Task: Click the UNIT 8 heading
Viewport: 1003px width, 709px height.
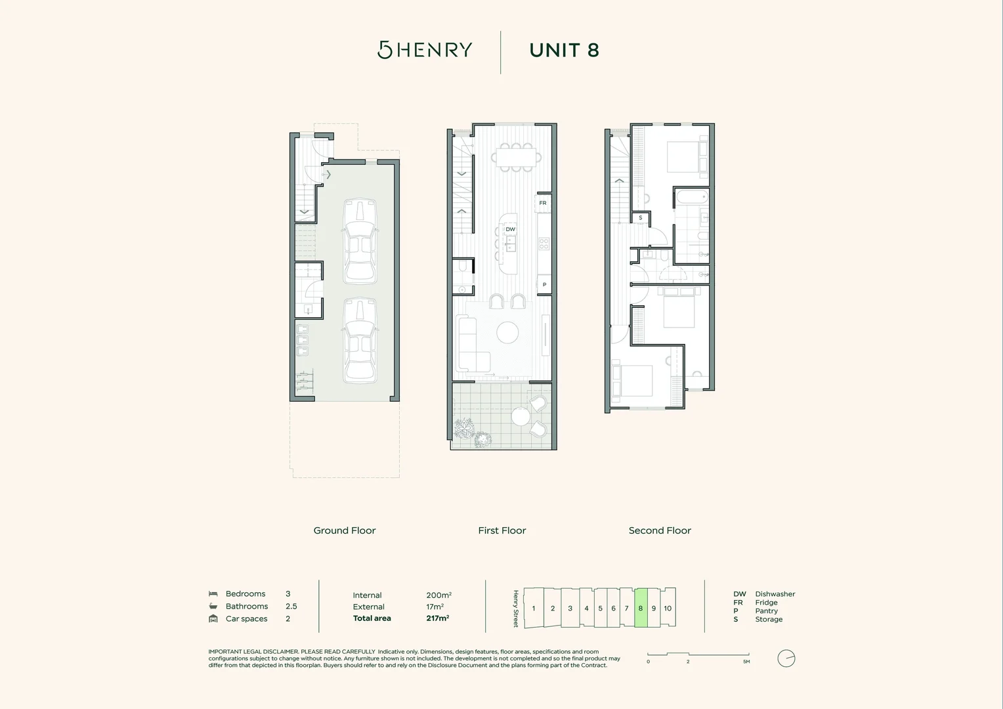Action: pos(564,51)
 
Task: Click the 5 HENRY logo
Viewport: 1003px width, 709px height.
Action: pos(425,50)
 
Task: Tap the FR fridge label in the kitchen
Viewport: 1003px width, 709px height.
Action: pos(543,204)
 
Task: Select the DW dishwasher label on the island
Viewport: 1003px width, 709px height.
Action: pos(510,229)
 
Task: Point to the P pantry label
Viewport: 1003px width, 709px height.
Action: pos(544,285)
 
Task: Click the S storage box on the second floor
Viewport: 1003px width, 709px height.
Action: pos(641,218)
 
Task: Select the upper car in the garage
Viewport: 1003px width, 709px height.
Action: pos(360,241)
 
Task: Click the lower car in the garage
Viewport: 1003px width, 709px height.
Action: pos(360,340)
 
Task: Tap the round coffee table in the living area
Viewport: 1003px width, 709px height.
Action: pos(507,333)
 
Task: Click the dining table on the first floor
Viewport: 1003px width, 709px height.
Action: pos(517,158)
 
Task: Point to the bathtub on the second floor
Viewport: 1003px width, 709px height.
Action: pos(691,196)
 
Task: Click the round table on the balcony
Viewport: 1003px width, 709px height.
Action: pos(521,417)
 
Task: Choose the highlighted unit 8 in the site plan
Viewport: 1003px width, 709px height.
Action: pos(641,608)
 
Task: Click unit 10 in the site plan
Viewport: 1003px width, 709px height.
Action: pos(668,608)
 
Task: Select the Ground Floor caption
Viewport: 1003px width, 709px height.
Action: pos(345,530)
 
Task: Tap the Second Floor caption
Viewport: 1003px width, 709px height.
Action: pos(660,530)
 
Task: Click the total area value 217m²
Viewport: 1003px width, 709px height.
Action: pos(438,618)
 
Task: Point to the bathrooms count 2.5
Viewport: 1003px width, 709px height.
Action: pos(291,607)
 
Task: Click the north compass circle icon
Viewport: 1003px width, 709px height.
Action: pos(786,658)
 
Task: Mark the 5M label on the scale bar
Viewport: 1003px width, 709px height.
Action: pos(746,662)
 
